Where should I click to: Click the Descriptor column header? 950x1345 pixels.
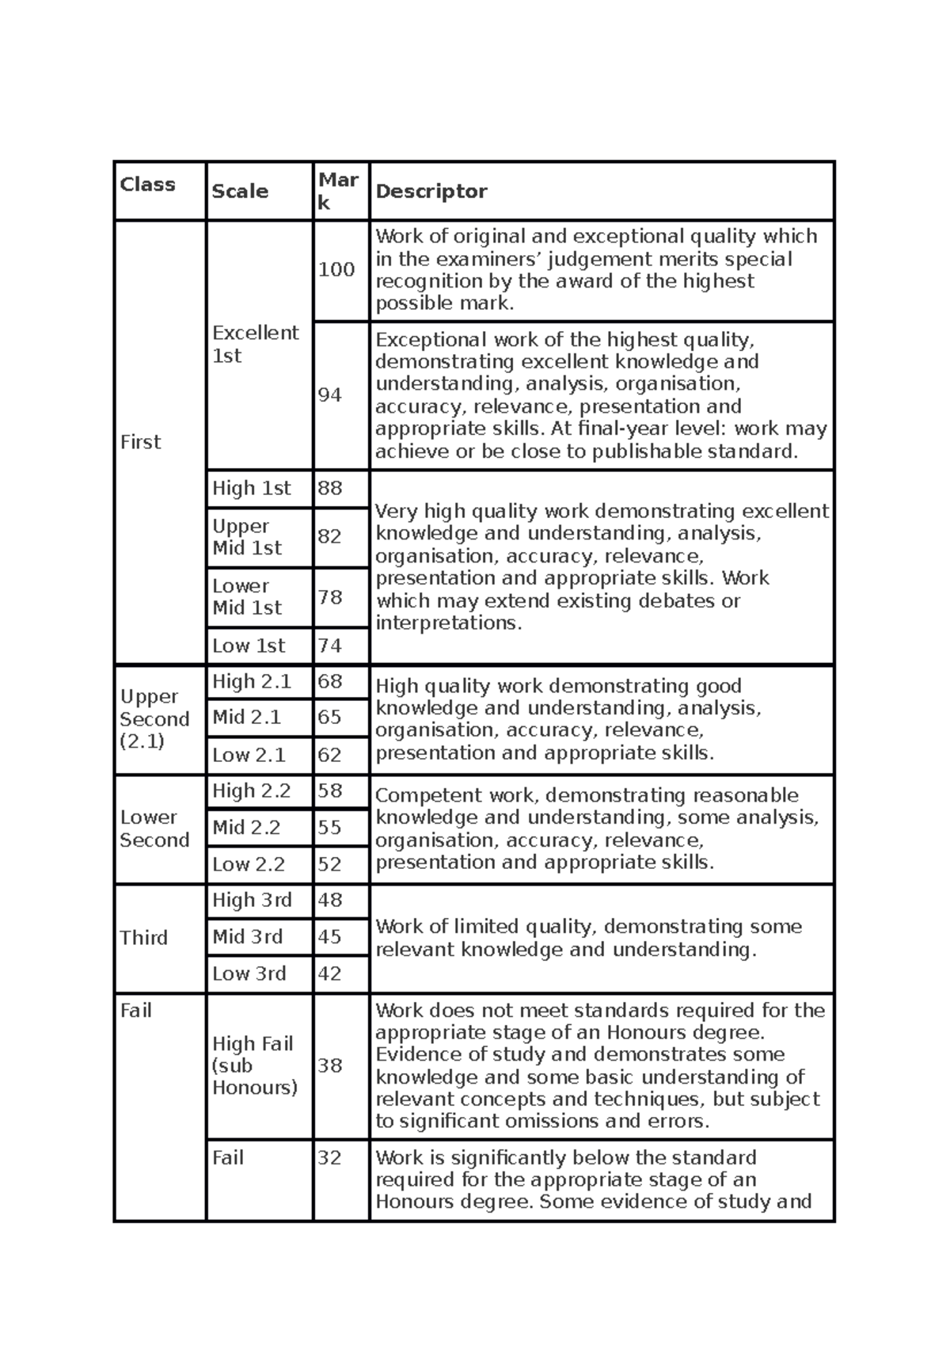point(431,192)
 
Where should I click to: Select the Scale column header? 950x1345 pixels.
point(240,192)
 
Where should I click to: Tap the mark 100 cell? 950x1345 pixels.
point(336,270)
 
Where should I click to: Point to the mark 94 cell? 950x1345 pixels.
point(330,394)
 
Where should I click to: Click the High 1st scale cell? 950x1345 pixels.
point(252,489)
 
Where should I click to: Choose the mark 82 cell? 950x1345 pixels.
point(330,536)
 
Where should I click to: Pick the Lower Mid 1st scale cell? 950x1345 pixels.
point(247,597)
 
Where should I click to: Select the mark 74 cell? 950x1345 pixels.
point(330,646)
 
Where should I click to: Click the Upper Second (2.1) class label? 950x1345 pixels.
point(154,719)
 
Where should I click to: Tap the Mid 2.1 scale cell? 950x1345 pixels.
point(247,718)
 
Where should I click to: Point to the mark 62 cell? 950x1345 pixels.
point(330,755)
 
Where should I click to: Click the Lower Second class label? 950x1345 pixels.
point(154,829)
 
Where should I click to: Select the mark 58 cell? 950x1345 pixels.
point(330,791)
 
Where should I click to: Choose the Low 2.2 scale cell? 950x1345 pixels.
point(249,864)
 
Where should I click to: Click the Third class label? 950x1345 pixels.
point(144,938)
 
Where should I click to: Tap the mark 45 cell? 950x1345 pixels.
point(330,937)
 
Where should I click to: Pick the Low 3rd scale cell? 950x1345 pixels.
point(249,974)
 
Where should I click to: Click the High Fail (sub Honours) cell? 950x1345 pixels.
point(255,1065)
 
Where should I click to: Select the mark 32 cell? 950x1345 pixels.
point(330,1158)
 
